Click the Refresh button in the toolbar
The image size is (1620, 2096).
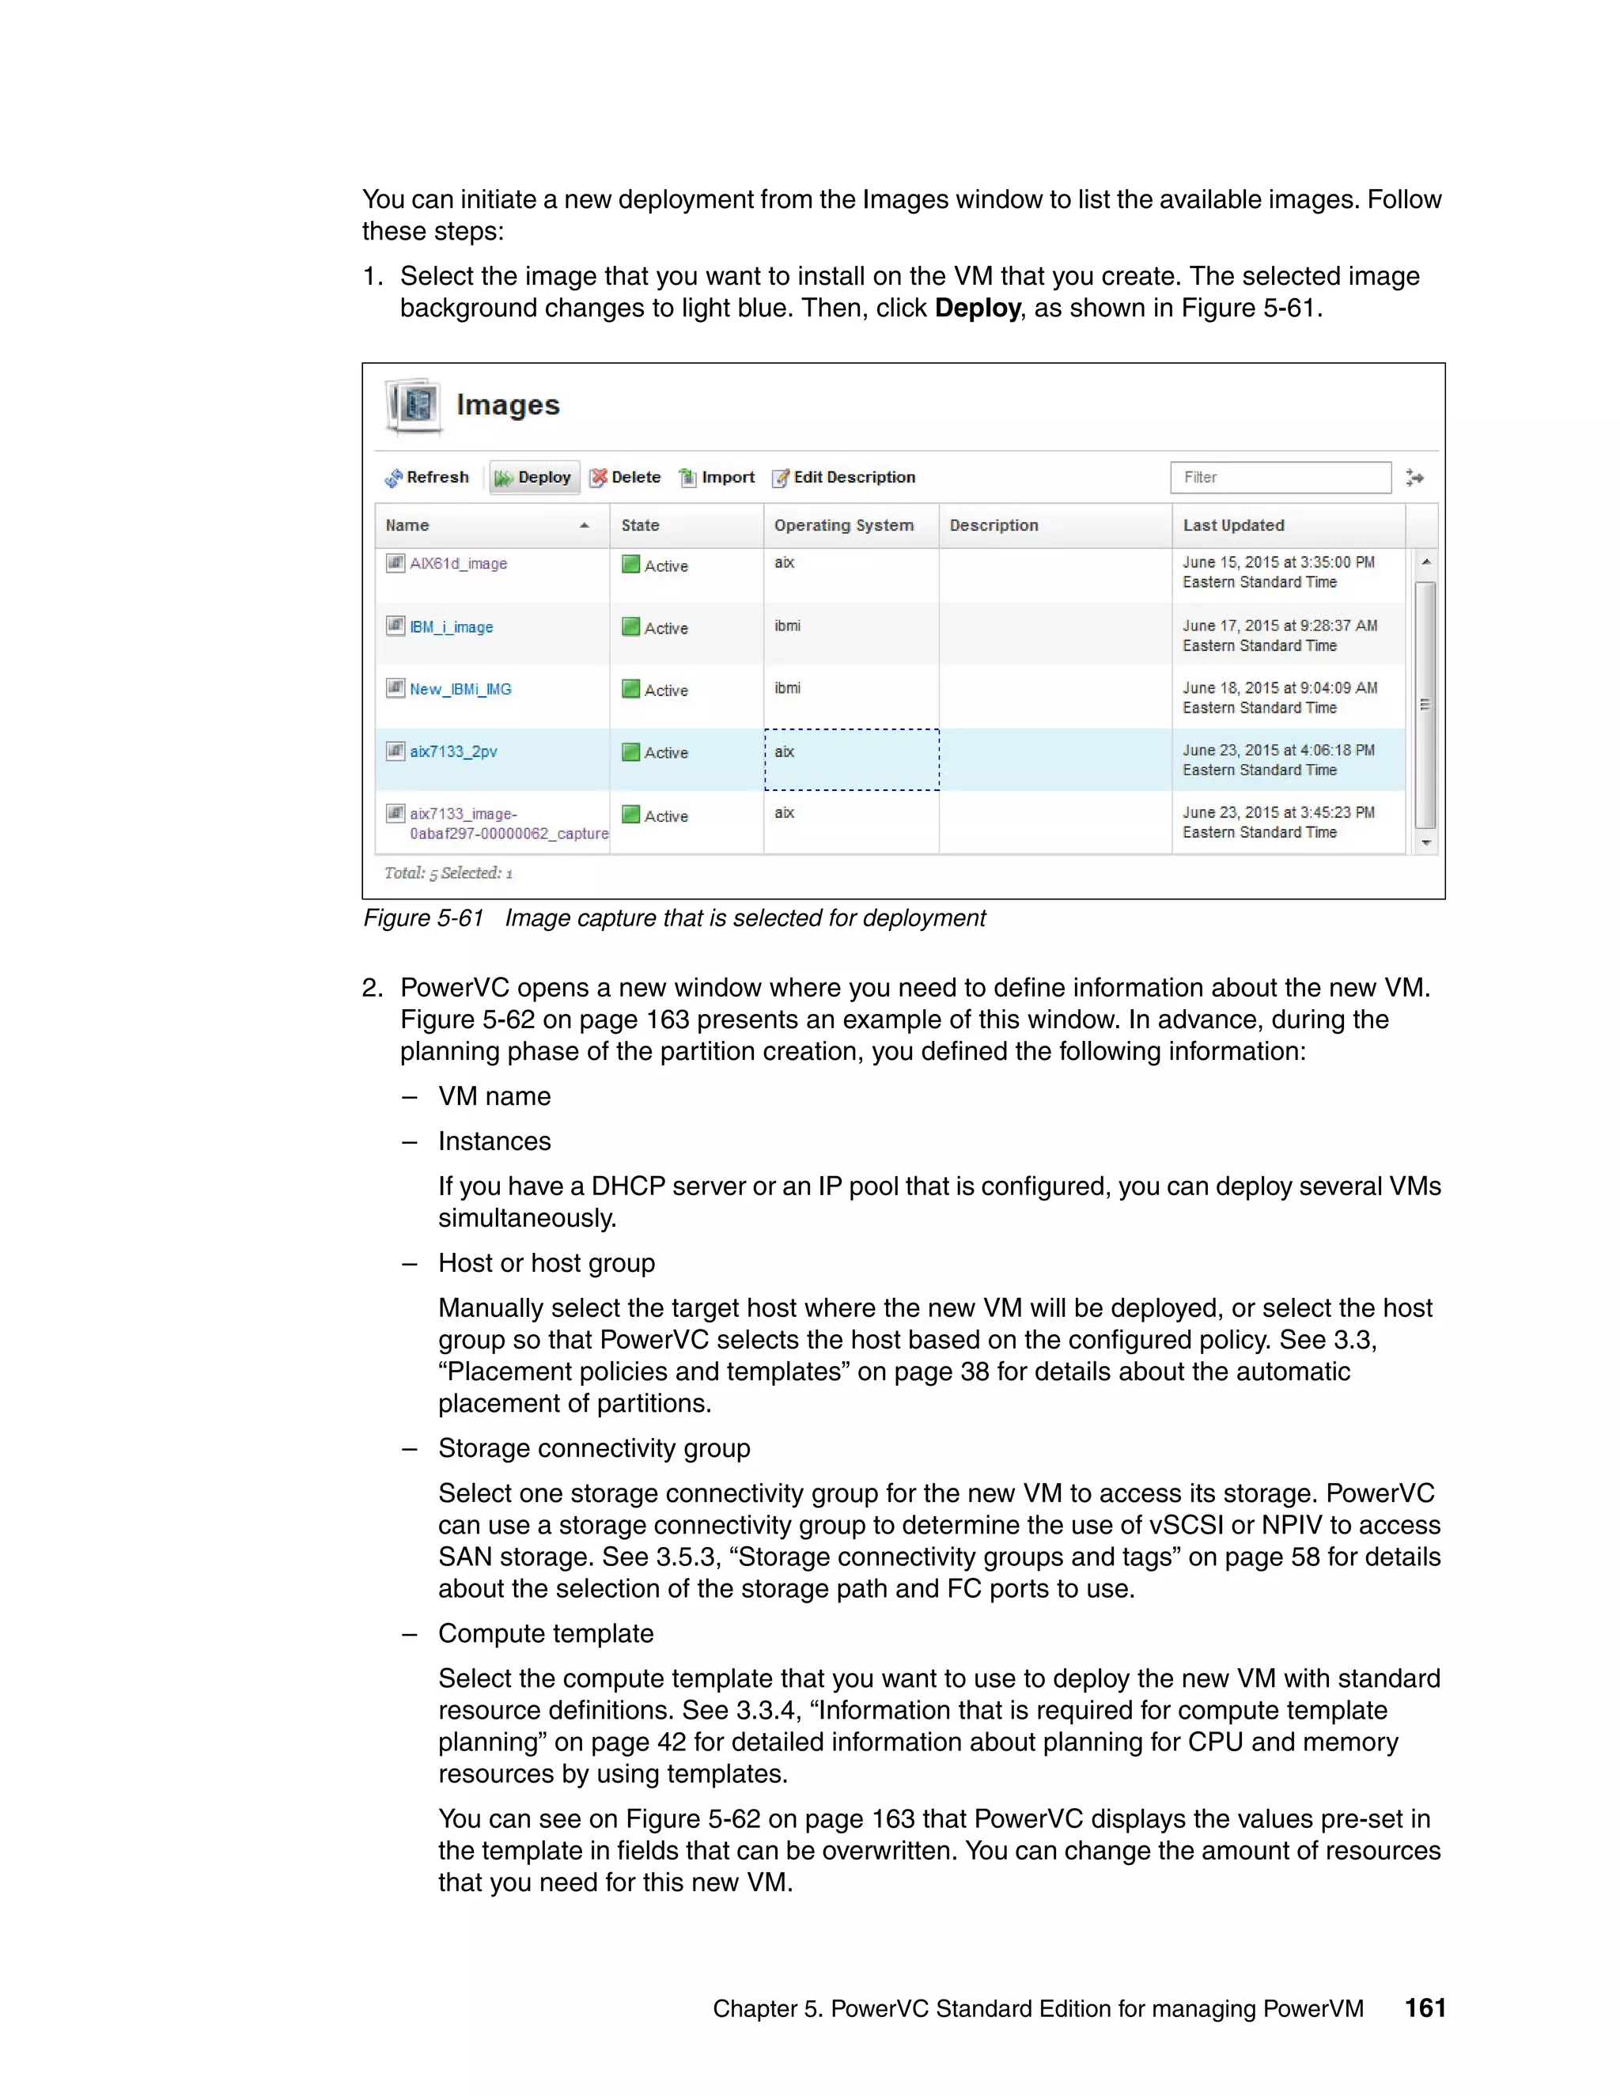(427, 477)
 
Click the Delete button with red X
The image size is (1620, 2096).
(625, 477)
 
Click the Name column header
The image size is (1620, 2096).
(408, 525)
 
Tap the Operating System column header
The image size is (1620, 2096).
(843, 525)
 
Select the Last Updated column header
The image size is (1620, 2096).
(1233, 525)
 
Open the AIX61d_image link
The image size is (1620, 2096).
(458, 563)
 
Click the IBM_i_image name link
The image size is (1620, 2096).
(451, 626)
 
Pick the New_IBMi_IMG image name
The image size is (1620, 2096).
(460, 689)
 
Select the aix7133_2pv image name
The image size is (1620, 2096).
(453, 751)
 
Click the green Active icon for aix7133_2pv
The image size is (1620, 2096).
(630, 752)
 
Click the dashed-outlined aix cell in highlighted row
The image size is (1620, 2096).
(851, 759)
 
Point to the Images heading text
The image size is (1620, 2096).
(508, 405)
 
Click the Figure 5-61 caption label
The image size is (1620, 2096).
(423, 918)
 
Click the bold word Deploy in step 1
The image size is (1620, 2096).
(977, 308)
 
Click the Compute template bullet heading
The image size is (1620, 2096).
(545, 1633)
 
